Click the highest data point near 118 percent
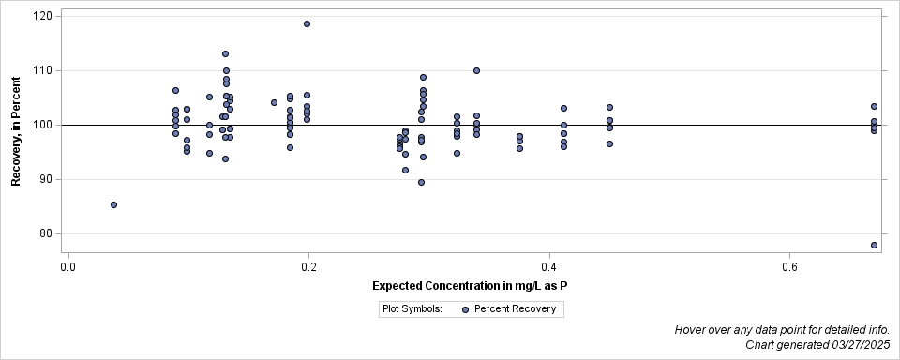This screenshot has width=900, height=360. tap(307, 23)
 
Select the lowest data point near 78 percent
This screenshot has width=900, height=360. tap(874, 245)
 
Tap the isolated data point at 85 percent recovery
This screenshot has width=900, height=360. tap(113, 204)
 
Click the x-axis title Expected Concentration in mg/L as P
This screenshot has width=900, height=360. tap(472, 285)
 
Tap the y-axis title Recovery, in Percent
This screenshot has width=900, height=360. tap(16, 131)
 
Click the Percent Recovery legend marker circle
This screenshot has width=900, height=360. tap(465, 308)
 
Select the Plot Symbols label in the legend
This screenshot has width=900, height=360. tap(412, 308)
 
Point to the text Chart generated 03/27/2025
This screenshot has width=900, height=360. tap(818, 345)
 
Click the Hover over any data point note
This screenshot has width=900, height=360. tap(782, 330)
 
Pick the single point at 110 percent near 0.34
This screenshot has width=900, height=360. tap(476, 70)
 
